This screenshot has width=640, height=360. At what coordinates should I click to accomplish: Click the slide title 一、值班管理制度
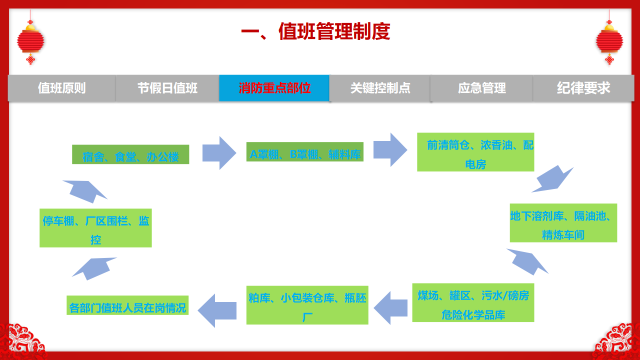coord(315,32)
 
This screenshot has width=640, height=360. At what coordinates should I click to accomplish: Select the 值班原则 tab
coord(62,88)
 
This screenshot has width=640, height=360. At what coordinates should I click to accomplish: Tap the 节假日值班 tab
coord(167,88)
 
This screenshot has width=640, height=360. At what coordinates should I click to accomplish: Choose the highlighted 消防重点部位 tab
coord(274,88)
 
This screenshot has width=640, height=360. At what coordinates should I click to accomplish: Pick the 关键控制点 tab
coord(380,88)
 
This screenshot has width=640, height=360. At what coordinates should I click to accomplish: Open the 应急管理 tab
coord(481,88)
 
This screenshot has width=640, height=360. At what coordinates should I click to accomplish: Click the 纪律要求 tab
coord(583,88)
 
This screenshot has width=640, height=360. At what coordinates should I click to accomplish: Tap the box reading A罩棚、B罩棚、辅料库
coord(305,152)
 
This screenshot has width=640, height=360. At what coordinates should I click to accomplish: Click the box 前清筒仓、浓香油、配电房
coord(475,152)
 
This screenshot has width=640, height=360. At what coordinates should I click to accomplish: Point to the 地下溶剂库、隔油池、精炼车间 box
coord(563,223)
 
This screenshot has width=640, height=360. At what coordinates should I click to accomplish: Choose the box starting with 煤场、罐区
coord(473,302)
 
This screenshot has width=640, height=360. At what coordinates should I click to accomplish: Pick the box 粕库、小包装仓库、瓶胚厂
coord(307,304)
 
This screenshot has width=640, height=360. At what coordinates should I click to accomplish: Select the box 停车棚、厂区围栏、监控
coord(95,228)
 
